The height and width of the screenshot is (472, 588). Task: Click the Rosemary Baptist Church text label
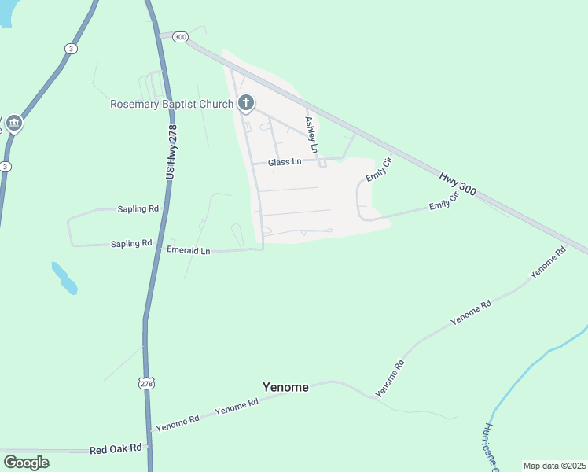pyautogui.click(x=171, y=104)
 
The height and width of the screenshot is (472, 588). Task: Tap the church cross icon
pyautogui.click(x=246, y=103)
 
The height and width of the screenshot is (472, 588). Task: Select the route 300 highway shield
pyautogui.click(x=180, y=36)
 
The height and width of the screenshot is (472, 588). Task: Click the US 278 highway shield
pyautogui.click(x=146, y=383)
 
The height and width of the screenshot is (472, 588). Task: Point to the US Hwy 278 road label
pyautogui.click(x=171, y=152)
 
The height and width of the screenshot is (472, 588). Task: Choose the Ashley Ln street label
pyautogui.click(x=312, y=135)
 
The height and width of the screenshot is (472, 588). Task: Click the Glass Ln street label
pyautogui.click(x=285, y=162)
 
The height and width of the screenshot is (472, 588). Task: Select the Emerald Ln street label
pyautogui.click(x=188, y=250)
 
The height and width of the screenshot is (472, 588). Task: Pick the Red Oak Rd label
pyautogui.click(x=116, y=449)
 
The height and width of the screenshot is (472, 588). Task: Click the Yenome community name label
pyautogui.click(x=285, y=387)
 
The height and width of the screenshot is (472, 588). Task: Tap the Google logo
pyautogui.click(x=26, y=462)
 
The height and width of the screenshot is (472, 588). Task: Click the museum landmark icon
pyautogui.click(x=13, y=124)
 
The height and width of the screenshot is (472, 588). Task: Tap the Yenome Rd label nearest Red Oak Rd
pyautogui.click(x=178, y=423)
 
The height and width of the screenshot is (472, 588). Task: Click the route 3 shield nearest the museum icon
pyautogui.click(x=6, y=167)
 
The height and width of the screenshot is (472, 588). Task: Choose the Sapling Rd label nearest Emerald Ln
pyautogui.click(x=131, y=244)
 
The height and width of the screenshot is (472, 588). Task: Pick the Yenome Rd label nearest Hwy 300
pyautogui.click(x=548, y=263)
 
